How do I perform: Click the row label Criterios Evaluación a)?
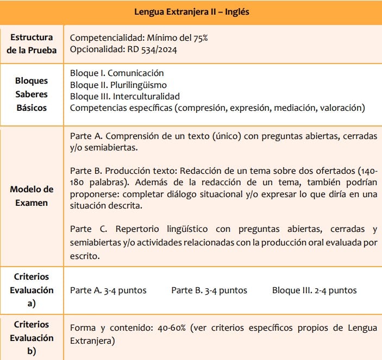(x=32, y=290)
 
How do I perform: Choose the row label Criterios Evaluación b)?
(x=32, y=337)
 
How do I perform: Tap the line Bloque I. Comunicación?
(x=117, y=73)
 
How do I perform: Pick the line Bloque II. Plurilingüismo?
(x=118, y=85)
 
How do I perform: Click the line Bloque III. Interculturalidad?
(x=125, y=96)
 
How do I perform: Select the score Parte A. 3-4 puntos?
(x=108, y=290)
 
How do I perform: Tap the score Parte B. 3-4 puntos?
(x=209, y=290)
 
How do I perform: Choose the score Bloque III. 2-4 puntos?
(x=315, y=290)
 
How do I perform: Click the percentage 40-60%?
(x=167, y=329)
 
